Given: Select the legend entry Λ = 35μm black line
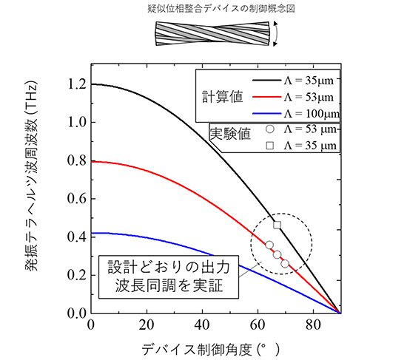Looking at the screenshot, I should pyautogui.click(x=297, y=81).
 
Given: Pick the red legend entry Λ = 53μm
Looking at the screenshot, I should pyautogui.click(x=297, y=97).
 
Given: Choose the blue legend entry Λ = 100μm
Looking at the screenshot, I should pyautogui.click(x=297, y=112).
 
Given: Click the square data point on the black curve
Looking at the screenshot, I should pyautogui.click(x=277, y=225).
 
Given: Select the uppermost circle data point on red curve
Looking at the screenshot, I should pyautogui.click(x=269, y=245).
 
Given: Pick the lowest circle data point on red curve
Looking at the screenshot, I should pyautogui.click(x=285, y=263).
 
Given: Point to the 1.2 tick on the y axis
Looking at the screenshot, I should pyautogui.click(x=74, y=84).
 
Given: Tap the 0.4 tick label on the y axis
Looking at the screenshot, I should pyautogui.click(x=74, y=237).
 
